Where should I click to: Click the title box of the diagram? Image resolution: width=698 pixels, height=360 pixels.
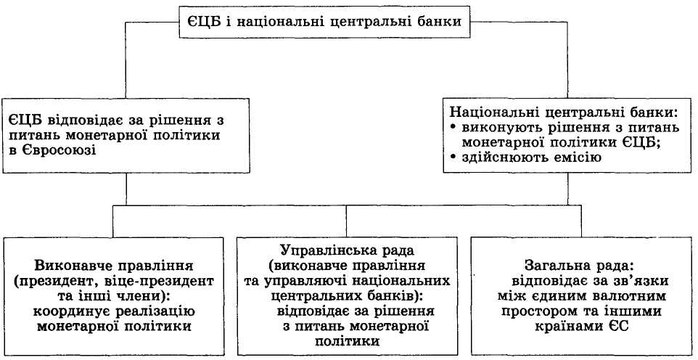click(325, 22)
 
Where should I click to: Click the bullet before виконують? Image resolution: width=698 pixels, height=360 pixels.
click(453, 128)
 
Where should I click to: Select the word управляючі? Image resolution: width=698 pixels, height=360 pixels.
click(310, 280)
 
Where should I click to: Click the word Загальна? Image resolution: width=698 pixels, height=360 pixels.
click(558, 265)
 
